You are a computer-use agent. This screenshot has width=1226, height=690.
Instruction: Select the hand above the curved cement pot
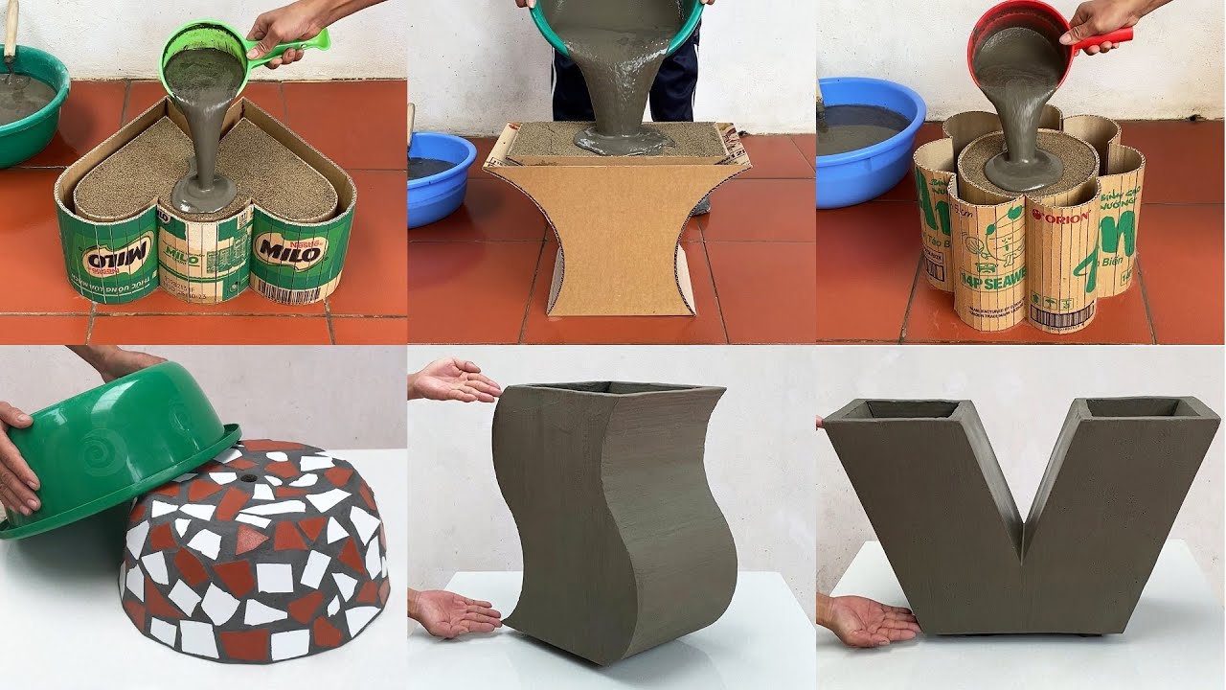pyautogui.click(x=454, y=380)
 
